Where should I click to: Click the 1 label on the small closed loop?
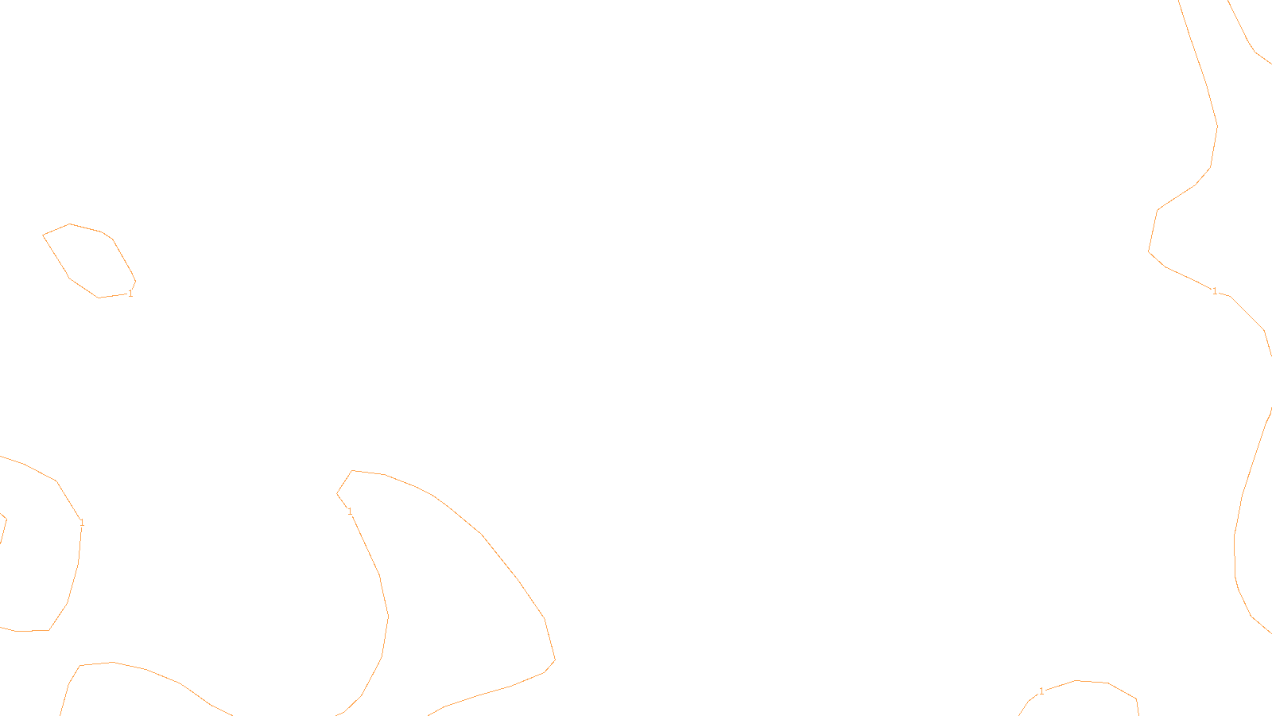point(130,294)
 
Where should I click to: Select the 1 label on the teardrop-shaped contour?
point(350,512)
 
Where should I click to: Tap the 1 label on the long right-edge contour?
point(1214,291)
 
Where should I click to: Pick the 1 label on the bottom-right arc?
point(1041,691)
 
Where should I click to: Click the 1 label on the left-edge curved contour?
point(82,523)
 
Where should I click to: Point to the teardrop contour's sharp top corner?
point(352,471)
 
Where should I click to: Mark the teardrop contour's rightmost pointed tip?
point(554,660)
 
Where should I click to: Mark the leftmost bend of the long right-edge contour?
point(1149,251)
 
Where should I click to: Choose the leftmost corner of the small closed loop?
point(43,235)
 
